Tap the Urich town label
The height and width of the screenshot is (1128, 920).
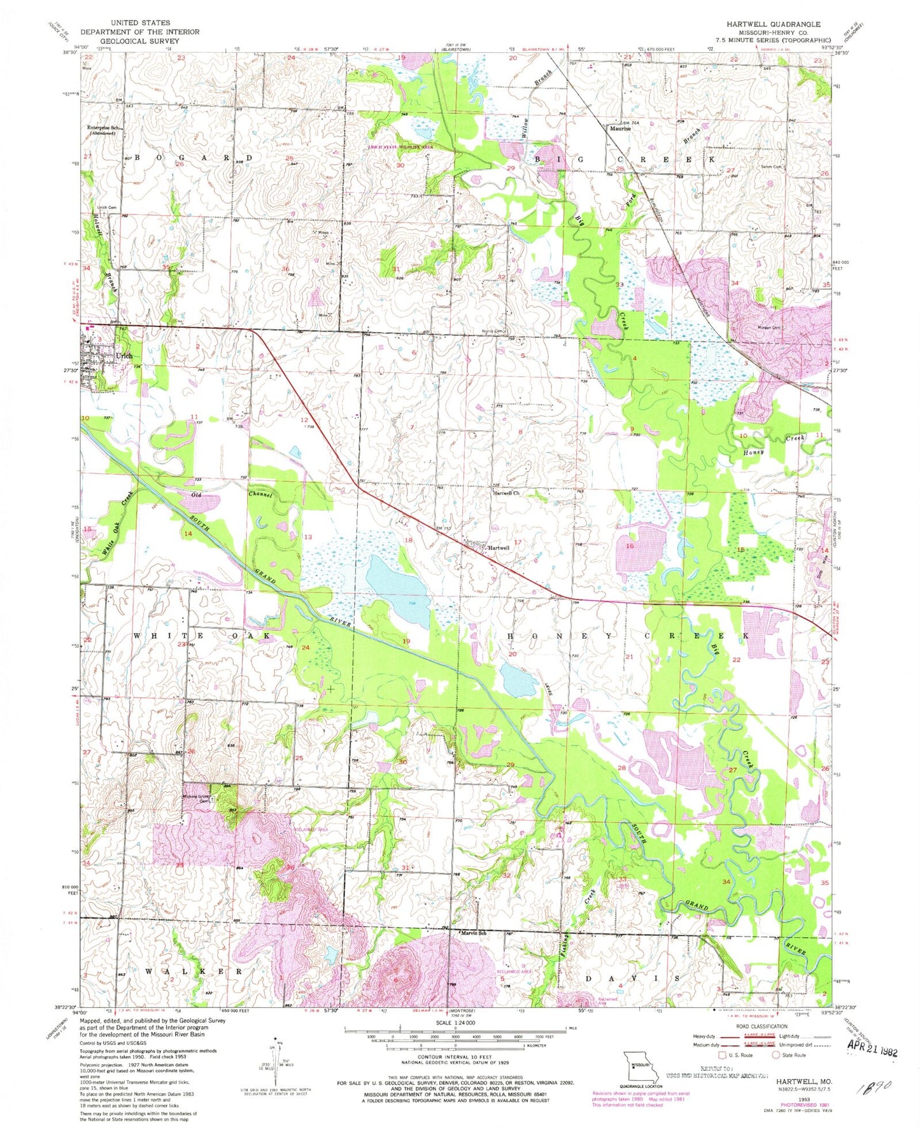124,356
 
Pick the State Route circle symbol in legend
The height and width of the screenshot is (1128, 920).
776,1055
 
